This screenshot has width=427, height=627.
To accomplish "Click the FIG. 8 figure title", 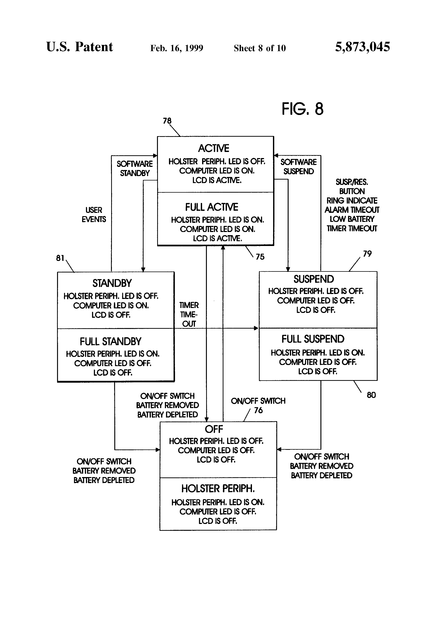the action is point(303,109).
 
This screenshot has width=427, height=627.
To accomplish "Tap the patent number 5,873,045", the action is point(363,47).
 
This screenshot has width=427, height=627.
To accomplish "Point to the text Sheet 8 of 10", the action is point(260,48).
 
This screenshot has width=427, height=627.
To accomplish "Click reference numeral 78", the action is point(167,121).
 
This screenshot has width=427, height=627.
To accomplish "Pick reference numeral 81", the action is point(60,258).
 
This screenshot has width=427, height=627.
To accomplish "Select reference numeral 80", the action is point(371,395).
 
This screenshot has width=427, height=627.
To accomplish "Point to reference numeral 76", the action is point(258,410).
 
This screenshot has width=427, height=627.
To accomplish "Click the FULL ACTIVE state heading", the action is point(212,207).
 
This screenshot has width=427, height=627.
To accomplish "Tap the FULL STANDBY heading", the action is point(110,342).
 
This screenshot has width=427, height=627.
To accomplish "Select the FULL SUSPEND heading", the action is point(313,339).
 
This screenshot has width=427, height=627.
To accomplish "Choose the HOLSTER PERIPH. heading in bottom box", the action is point(218,489).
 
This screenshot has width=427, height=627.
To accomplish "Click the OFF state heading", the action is point(214,429).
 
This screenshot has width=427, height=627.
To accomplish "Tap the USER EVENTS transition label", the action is point(94,215).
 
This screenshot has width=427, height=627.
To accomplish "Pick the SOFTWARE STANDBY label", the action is point(135,168).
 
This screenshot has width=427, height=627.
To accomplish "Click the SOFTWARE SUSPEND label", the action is point(299,167).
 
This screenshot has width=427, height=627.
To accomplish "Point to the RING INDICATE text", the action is point(352,201).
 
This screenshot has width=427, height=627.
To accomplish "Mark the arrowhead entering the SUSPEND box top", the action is point(288,269).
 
